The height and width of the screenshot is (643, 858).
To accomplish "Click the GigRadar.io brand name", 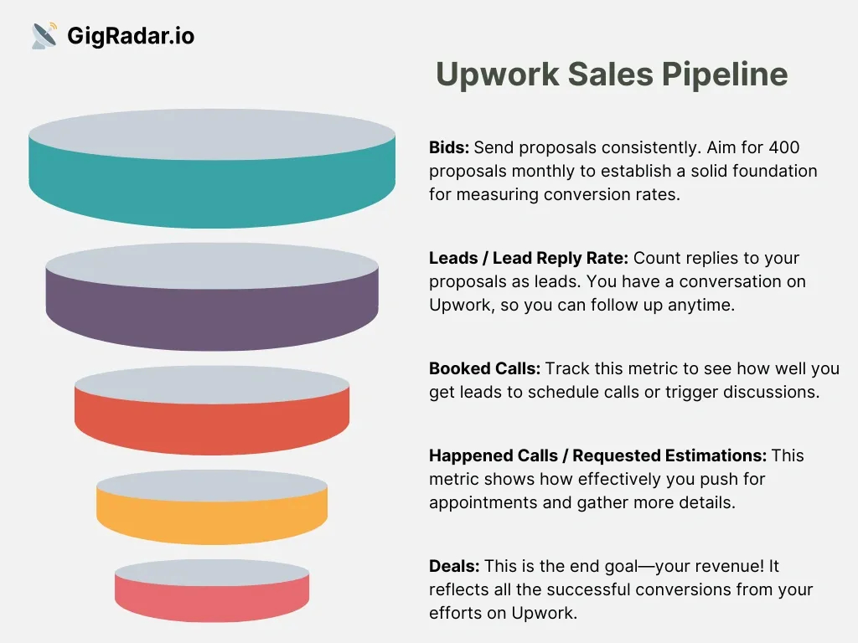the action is (x=131, y=36).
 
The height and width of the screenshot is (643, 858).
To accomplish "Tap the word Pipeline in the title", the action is (x=725, y=75).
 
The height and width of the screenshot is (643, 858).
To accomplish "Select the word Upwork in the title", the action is (x=497, y=75).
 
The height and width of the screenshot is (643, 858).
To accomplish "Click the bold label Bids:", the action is (x=449, y=147).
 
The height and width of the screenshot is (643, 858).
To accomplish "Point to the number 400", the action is (x=784, y=147).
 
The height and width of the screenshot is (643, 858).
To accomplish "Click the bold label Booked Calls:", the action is (x=484, y=368).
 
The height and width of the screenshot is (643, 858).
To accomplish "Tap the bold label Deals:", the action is (x=454, y=566).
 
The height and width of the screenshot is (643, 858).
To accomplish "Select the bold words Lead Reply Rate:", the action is (x=561, y=258).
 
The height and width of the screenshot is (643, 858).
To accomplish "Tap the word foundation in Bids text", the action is (x=775, y=171).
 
